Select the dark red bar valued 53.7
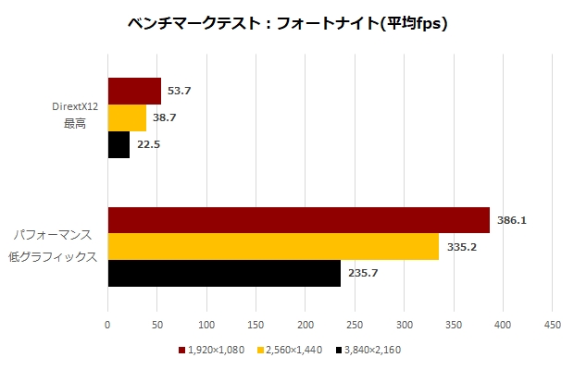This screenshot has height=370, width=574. pos(134,91)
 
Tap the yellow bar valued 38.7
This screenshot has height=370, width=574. pos(127,118)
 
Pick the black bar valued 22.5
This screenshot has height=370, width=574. pos(119,145)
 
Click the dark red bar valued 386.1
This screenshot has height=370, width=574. pos(298,220)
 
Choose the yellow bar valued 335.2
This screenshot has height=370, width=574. pos(273,247)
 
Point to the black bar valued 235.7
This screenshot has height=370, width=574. pos(224,274)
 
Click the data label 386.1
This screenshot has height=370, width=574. pos(511,221)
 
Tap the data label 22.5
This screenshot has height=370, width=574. pos(147,145)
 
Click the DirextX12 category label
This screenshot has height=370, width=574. pos(75,107)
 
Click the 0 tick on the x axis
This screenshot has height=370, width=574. pos(107,326)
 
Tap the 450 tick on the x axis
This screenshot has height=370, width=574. pos(553,326)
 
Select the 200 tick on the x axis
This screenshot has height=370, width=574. pos(306,326)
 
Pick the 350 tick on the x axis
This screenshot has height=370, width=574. pos(454,326)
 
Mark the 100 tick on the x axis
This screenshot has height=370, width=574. pos(206,326)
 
